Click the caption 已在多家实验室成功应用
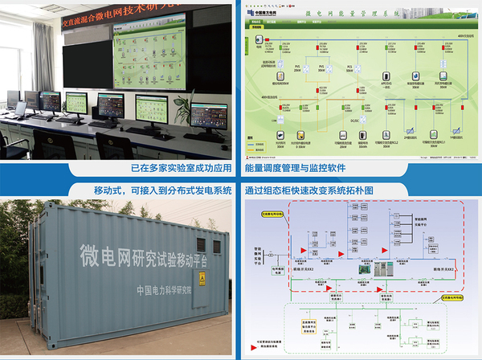181,169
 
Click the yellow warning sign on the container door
202,280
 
